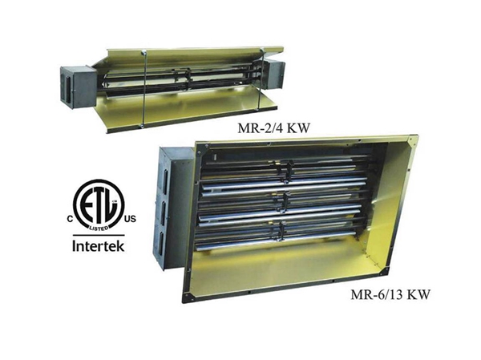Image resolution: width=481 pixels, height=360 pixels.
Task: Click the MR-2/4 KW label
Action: click(x=273, y=128)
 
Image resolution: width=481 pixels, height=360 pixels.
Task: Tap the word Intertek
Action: click(x=99, y=246)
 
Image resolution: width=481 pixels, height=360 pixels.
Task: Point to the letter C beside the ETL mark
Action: click(x=71, y=219)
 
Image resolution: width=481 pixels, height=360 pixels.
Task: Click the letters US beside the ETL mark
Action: click(x=129, y=219)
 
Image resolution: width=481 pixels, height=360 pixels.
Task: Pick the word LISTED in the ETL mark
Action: click(x=99, y=228)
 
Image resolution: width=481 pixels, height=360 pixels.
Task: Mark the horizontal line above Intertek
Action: click(x=99, y=235)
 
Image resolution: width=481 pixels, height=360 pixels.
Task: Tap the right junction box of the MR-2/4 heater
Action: click(x=274, y=75)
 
